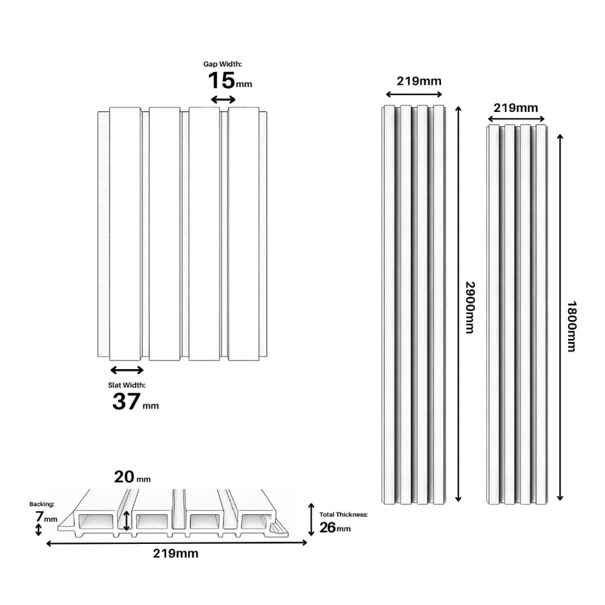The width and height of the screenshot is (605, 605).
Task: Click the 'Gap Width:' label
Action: click(223, 64)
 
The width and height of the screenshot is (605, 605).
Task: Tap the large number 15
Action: click(221, 80)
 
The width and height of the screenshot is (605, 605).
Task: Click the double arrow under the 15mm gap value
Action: click(223, 100)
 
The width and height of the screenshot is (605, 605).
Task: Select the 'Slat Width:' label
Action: click(126, 385)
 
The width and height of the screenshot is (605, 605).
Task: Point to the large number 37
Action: click(126, 401)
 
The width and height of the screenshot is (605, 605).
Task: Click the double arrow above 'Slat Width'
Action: click(127, 370)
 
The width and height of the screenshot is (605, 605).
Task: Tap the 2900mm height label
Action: click(470, 307)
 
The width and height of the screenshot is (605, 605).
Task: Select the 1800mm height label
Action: click(572, 327)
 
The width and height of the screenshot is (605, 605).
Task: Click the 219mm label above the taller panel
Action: click(419, 81)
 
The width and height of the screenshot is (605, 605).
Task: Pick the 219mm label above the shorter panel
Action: click(516, 108)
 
